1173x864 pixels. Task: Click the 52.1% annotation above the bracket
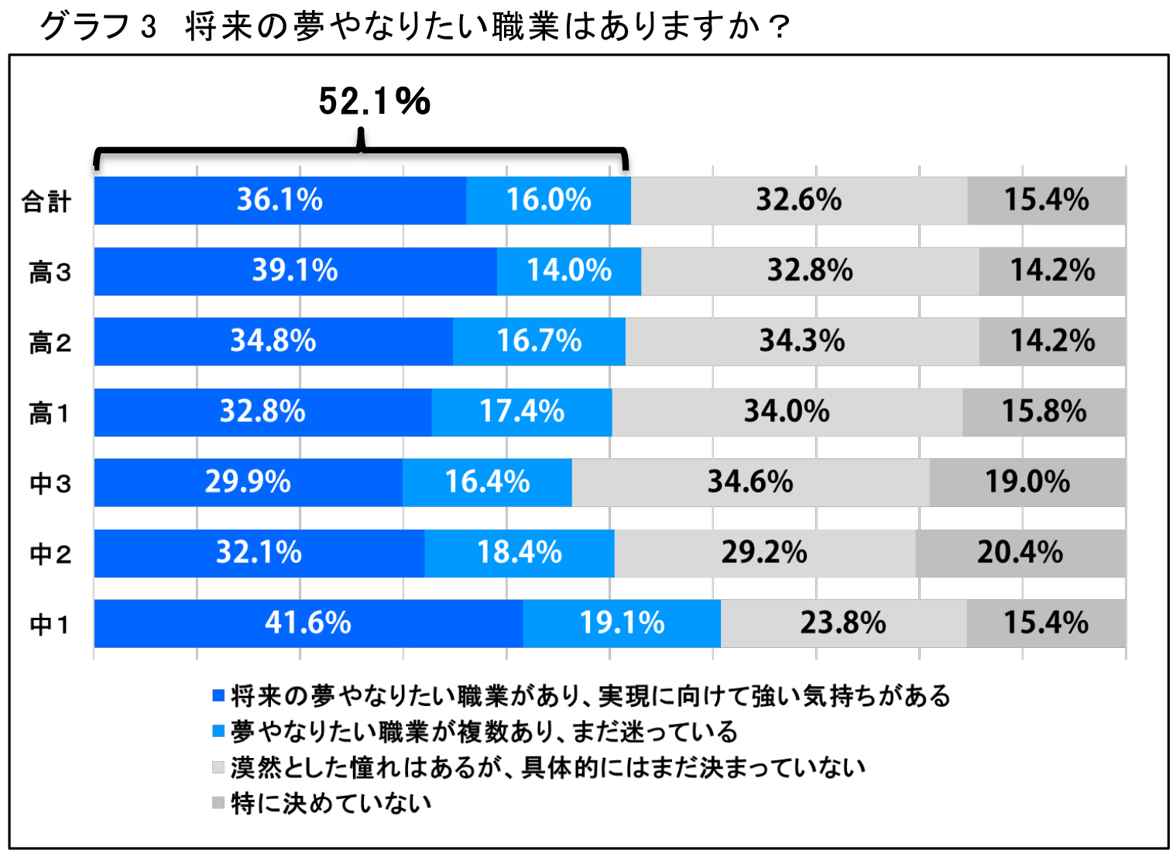(375, 101)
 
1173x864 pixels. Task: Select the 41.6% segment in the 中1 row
(308, 623)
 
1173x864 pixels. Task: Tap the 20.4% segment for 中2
(1020, 553)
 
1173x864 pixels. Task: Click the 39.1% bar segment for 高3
(295, 271)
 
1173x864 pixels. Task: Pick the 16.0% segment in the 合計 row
(548, 201)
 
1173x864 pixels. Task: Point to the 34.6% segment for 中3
(750, 482)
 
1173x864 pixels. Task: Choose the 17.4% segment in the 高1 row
(521, 412)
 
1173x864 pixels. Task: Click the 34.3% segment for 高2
(801, 341)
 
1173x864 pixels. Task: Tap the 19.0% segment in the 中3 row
(1027, 482)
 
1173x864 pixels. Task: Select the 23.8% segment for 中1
(843, 623)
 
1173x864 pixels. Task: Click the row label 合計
(46, 202)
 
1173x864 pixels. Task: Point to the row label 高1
(50, 413)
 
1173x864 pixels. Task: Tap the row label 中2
(50, 554)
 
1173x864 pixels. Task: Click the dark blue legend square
(218, 695)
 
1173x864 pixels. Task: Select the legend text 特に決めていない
(331, 803)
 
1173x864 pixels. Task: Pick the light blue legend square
(218, 731)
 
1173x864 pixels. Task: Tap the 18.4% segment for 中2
(519, 553)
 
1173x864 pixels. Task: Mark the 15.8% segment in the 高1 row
(1044, 412)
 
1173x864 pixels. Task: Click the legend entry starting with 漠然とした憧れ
(547, 767)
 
